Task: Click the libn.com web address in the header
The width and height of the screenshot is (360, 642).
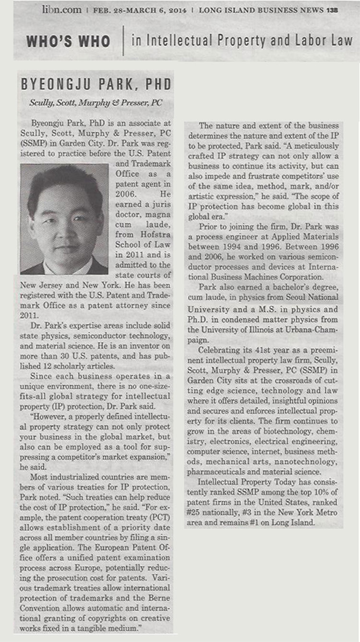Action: pyautogui.click(x=61, y=9)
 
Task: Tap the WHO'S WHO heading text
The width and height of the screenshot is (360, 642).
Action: pyautogui.click(x=69, y=42)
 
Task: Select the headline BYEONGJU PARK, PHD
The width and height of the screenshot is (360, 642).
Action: pyautogui.click(x=96, y=85)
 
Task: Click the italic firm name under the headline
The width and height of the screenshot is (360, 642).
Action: pyautogui.click(x=96, y=102)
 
